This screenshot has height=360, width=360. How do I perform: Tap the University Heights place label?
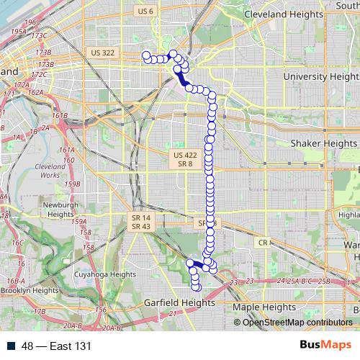pyautogui.click(x=321, y=76)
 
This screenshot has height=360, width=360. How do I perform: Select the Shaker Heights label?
pyautogui.click(x=323, y=143)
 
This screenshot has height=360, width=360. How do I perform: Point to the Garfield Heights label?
pyautogui.click(x=179, y=303)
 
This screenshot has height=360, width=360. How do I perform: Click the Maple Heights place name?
pyautogui.click(x=265, y=307)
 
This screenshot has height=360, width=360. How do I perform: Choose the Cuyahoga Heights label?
pyautogui.click(x=104, y=274)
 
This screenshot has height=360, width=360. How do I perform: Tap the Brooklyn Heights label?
pyautogui.click(x=30, y=290)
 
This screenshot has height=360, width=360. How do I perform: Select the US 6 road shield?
pyautogui.click(x=145, y=11)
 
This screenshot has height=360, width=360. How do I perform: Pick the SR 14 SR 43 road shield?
pyautogui.click(x=141, y=222)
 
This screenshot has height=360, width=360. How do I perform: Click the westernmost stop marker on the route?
pyautogui.click(x=146, y=55)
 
